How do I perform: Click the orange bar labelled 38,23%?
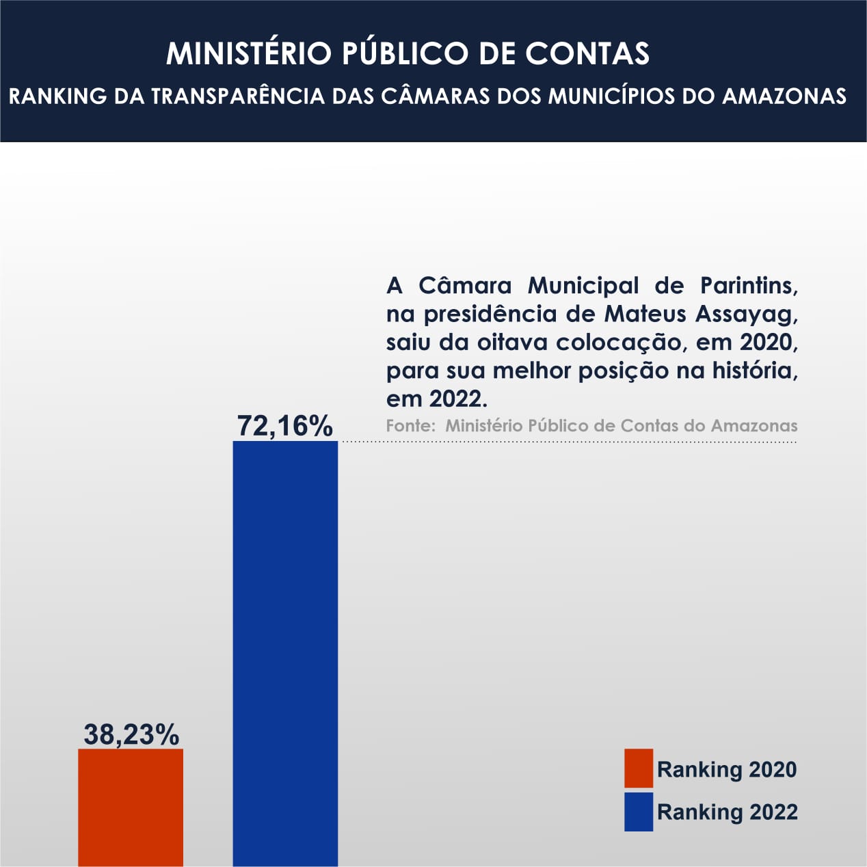coord(131,807)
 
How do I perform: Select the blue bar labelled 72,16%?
coord(285,653)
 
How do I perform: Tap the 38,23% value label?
coord(131,734)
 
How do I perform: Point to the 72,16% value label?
coord(285,425)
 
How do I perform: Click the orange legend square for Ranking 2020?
coord(639,768)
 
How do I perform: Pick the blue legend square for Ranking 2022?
coord(639,812)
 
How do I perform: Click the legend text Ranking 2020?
coord(727,769)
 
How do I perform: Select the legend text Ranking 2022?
coord(728,812)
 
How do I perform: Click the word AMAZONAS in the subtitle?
coord(784,96)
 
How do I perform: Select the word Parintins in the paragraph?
coord(749,286)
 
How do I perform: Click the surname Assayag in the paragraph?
coord(747,314)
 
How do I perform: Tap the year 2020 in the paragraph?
coord(769,342)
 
